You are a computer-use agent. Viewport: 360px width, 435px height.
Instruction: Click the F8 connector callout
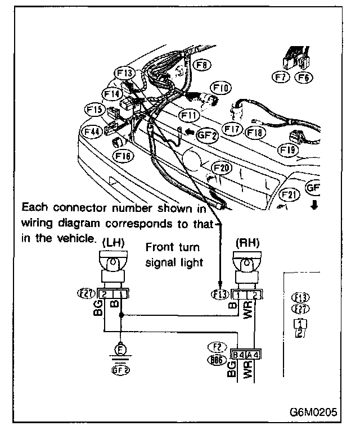[x=204, y=66]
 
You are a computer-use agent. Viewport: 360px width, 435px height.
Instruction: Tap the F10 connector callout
[x=221, y=88]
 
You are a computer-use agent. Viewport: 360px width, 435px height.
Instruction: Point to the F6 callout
[x=304, y=78]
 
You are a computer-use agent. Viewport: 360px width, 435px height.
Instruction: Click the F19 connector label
[x=288, y=149]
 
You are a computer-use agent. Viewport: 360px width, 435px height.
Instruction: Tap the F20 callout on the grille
[x=222, y=168]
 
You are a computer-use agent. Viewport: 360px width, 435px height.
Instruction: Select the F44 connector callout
[x=92, y=132]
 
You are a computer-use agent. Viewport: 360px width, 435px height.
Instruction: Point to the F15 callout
[x=94, y=108]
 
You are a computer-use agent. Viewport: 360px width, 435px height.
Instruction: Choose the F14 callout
[x=112, y=93]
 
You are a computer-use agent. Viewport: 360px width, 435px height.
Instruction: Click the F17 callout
[x=233, y=129]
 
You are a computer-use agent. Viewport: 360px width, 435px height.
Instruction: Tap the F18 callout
[x=255, y=133]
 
